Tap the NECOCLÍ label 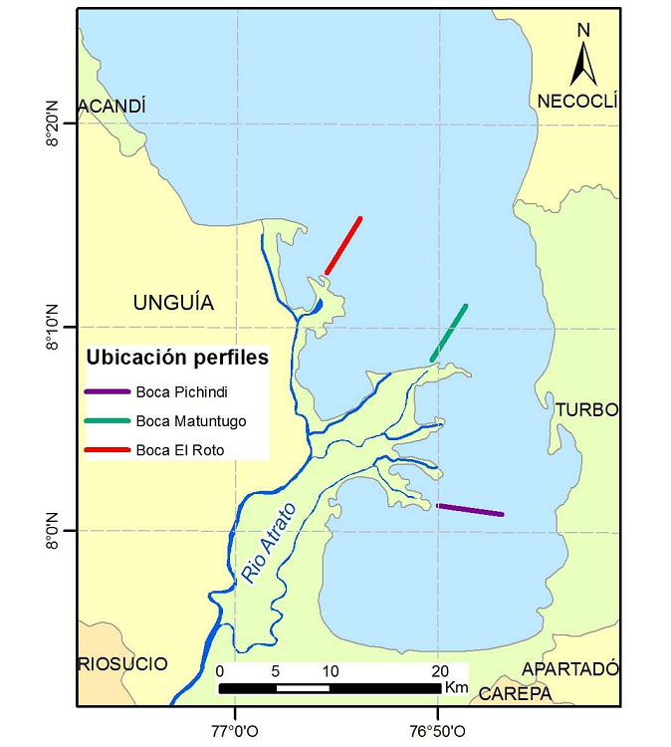577,101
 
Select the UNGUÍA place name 173,303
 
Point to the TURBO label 586,410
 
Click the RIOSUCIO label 123,664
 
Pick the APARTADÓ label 570,668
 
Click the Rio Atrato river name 262,546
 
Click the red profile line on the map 343,245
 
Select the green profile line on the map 449,333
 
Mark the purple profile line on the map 471,510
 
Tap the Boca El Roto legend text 180,450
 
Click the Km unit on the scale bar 456,687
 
